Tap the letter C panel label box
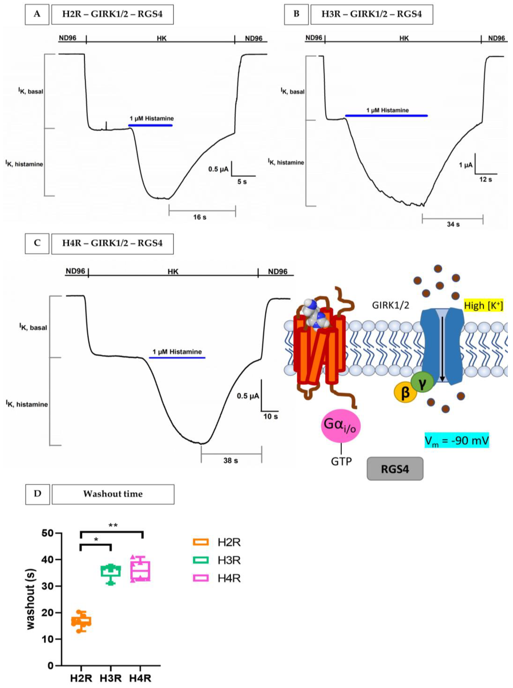click(37, 243)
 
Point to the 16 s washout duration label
click(200, 217)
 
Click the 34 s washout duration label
click(453, 224)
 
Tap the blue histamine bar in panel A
click(150, 125)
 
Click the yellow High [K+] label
click(483, 306)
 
